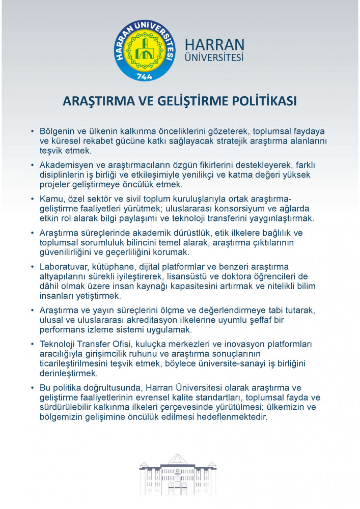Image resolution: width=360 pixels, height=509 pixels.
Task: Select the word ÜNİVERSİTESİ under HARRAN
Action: (214, 58)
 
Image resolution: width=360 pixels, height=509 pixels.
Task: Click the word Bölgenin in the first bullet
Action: (57, 131)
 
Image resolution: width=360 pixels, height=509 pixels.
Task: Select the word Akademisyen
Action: (65, 165)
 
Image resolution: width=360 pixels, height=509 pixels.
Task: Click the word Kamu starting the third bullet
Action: (50, 199)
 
